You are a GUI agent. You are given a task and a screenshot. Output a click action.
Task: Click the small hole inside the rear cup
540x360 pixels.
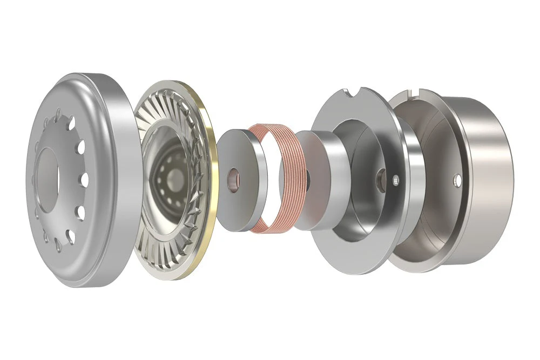point(457,178)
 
